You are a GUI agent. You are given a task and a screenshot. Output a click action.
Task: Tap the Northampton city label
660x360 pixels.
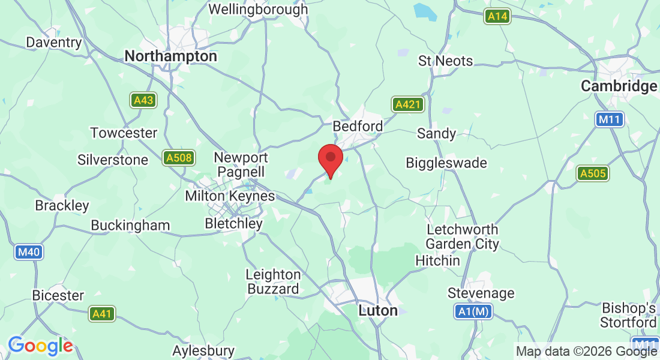point(170,56)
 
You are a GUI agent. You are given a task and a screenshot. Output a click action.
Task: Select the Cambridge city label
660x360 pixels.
point(619,86)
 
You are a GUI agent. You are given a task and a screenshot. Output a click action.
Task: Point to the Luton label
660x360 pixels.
point(378,311)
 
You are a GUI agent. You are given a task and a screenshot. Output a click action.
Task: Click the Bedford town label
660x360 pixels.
point(358,127)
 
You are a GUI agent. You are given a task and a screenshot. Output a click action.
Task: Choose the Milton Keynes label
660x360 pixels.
point(230,196)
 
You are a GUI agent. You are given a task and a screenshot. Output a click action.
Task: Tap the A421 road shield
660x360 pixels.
point(408,104)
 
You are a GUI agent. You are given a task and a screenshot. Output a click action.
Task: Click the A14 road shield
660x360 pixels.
point(497,16)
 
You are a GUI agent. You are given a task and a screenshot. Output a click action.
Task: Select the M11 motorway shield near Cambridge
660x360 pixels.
point(610,119)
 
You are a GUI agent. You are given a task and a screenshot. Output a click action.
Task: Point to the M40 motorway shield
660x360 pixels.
point(29,252)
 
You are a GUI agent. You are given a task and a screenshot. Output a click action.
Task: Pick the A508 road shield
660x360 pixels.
point(179,158)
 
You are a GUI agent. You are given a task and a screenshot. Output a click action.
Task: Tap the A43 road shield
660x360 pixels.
point(143,100)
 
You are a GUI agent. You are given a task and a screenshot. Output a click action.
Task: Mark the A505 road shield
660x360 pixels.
point(593,174)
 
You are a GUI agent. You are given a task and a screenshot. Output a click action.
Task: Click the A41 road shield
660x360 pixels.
point(102,313)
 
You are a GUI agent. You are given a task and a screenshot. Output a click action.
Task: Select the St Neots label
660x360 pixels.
point(446,61)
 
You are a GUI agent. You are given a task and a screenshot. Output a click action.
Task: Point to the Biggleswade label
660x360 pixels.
point(446,163)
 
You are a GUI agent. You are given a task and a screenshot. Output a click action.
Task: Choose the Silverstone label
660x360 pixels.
point(113,160)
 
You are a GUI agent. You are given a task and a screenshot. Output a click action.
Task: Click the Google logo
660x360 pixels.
point(40,346)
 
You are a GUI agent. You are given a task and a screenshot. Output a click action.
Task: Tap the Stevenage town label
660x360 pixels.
point(481,293)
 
